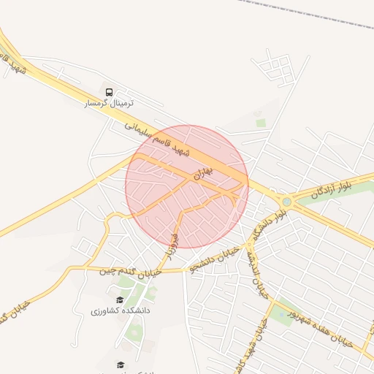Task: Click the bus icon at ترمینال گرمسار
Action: pyautogui.click(x=109, y=93)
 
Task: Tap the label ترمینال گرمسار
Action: pyautogui.click(x=109, y=104)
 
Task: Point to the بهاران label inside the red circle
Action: pyautogui.click(x=202, y=174)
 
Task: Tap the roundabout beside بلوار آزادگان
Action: pyautogui.click(x=286, y=201)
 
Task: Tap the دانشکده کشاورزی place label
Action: pyautogui.click(x=121, y=310)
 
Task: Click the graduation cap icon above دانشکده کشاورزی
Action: pyautogui.click(x=120, y=299)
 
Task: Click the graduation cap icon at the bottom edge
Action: pyautogui.click(x=120, y=364)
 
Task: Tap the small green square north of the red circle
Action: pyautogui.click(x=261, y=123)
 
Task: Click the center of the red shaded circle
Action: pyautogui.click(x=187, y=187)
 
